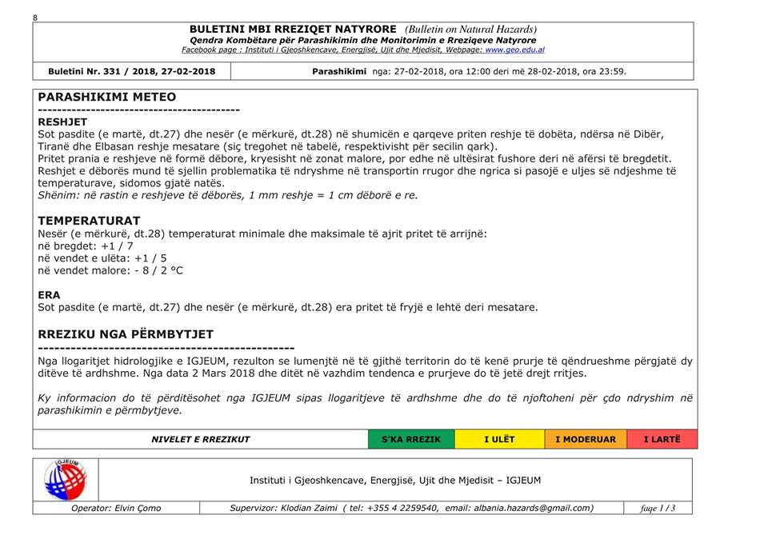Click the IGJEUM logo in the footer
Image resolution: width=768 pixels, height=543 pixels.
coord(66,480)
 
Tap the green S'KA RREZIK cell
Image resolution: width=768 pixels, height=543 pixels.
coord(410,439)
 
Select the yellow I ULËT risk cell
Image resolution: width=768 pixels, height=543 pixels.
coord(499,439)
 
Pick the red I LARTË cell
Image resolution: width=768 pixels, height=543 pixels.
coord(662,439)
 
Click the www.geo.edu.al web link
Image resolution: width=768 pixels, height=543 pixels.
coord(514,50)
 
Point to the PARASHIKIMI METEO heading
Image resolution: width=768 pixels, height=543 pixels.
coord(107,97)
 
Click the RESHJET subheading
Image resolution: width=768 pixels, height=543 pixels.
coord(62,122)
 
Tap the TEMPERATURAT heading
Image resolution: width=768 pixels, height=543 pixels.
coord(89,221)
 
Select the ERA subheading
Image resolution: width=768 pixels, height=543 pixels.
coord(49,295)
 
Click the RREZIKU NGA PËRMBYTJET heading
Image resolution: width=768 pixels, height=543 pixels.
coord(126,334)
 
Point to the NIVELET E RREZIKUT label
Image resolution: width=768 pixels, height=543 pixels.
coord(201,439)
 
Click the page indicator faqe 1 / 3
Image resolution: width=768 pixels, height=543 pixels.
coord(658,508)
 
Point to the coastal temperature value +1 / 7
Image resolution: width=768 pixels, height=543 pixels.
coord(117,246)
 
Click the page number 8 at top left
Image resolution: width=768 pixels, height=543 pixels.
coord(35,17)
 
